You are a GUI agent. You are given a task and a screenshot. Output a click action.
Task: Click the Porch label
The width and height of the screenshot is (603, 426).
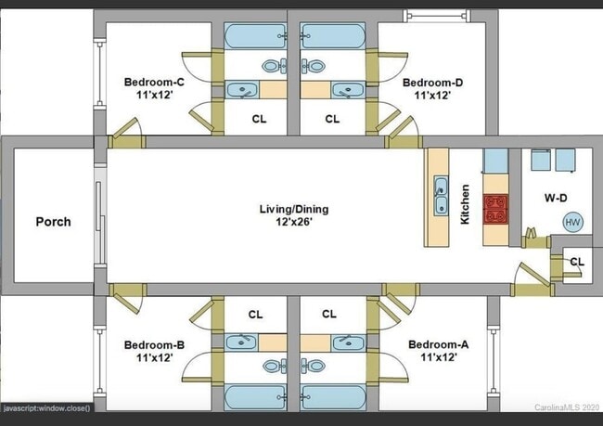point(53,222)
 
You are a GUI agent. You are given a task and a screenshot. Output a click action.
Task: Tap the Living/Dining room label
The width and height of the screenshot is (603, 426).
point(293,209)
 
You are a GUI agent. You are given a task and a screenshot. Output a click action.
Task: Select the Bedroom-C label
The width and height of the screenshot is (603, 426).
point(154,83)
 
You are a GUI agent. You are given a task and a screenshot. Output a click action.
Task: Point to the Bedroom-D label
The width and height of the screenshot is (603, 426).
point(432,83)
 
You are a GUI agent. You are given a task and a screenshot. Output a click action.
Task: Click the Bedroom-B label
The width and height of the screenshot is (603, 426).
point(154,345)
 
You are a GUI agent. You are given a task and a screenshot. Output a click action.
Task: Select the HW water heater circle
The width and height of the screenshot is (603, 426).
point(572,223)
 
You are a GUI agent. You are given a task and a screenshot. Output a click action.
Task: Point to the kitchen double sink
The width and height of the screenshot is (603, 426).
point(441,198)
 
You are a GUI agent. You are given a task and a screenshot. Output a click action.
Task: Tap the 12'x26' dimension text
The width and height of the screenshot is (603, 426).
point(293,221)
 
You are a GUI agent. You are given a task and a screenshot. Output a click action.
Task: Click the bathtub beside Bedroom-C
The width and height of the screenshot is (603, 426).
point(255,37)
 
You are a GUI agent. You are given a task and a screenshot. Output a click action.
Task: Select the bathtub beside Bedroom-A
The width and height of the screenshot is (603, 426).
point(332,398)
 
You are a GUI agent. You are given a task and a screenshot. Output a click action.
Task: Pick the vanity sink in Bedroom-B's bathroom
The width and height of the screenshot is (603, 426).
point(242,342)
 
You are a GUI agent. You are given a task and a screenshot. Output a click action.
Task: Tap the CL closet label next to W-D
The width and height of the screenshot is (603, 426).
point(577,263)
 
